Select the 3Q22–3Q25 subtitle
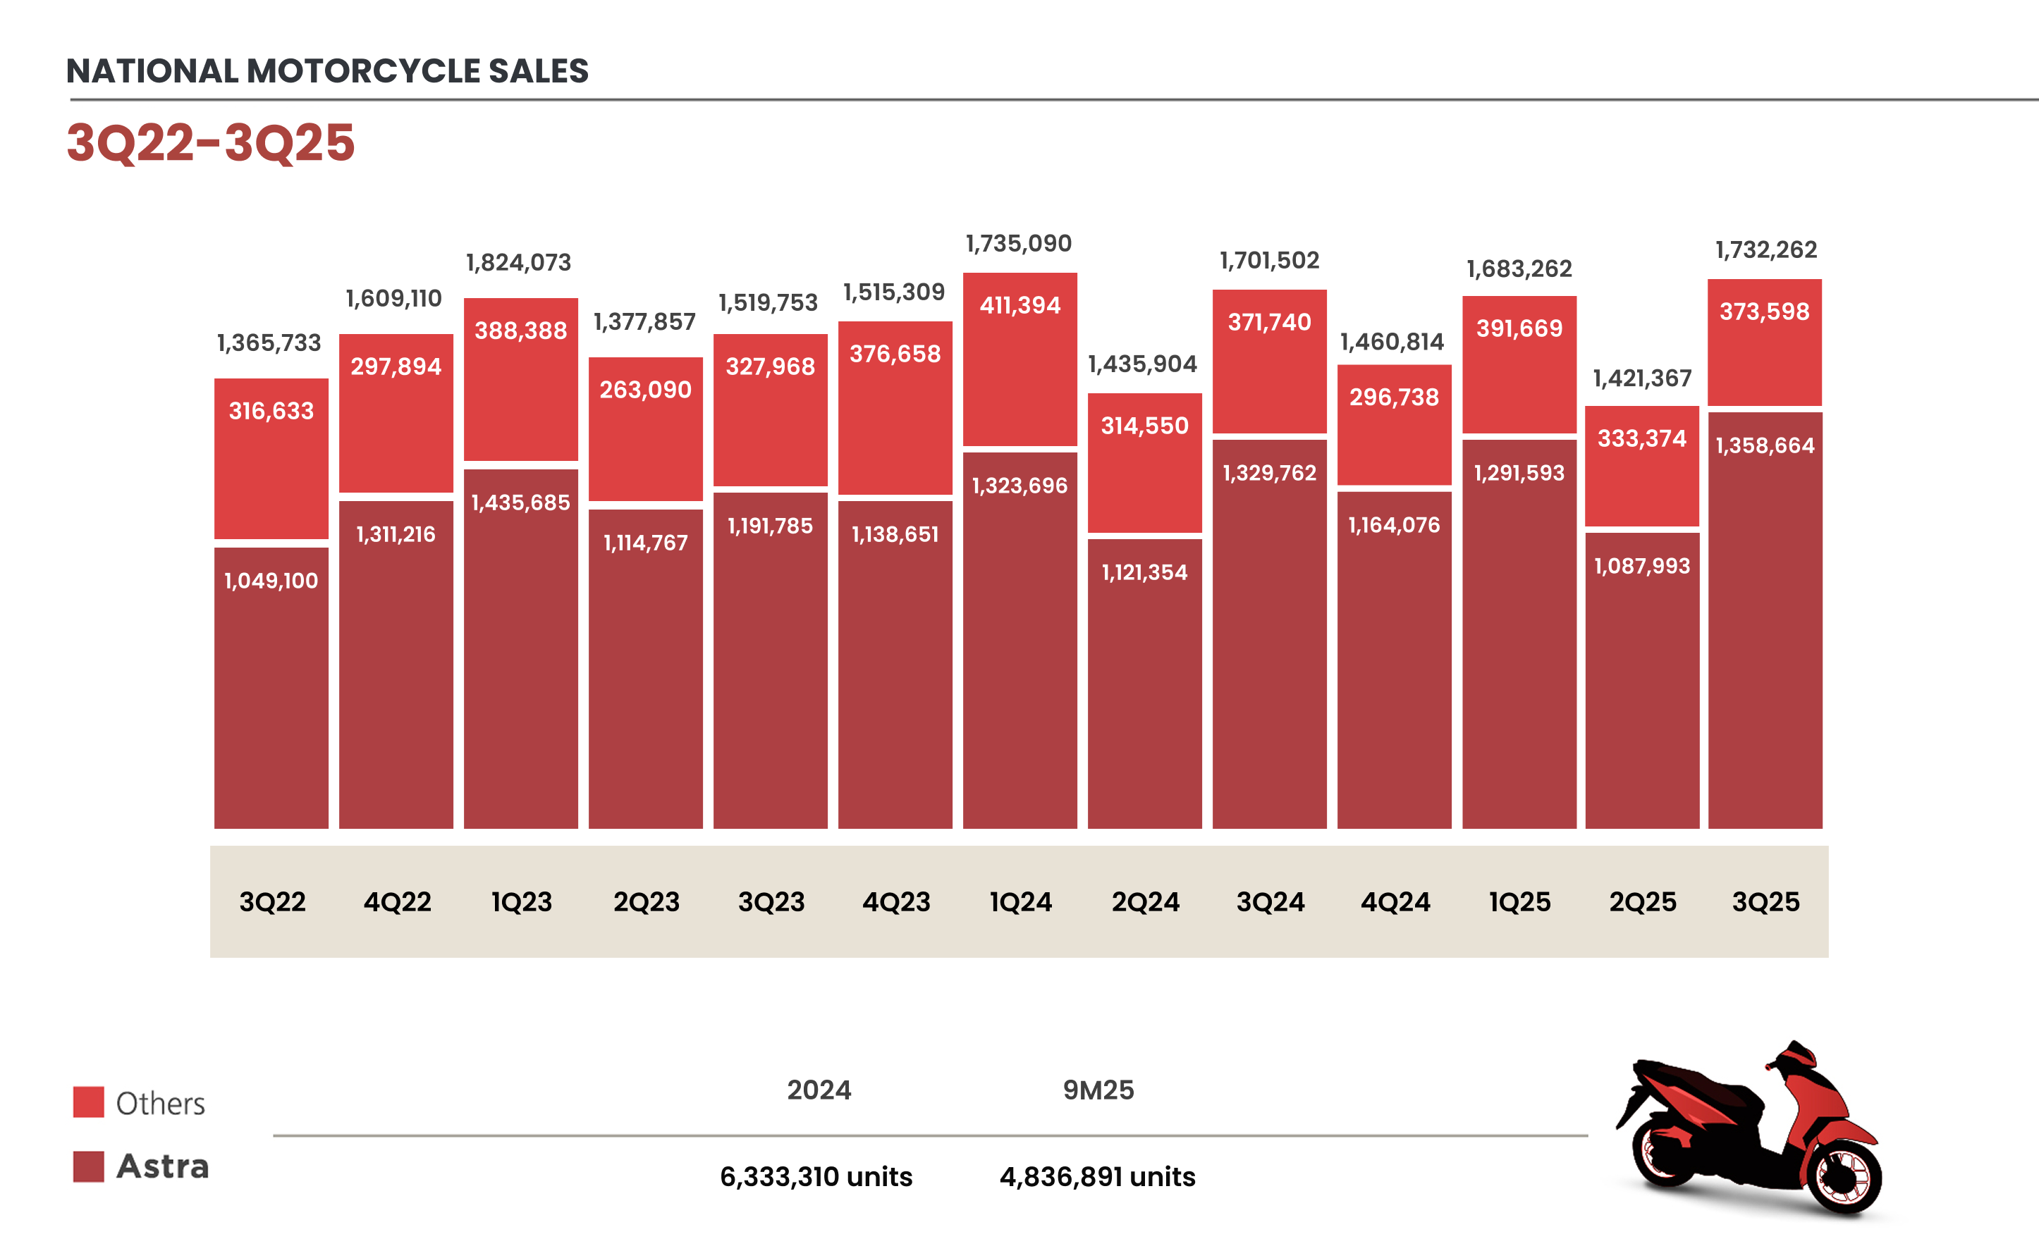tap(211, 142)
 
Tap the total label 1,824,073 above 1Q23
tap(518, 263)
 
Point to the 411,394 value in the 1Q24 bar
tap(1020, 305)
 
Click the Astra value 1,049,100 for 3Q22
tap(271, 581)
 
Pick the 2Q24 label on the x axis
tap(1145, 902)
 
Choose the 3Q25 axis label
tap(1765, 902)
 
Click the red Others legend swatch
tap(88, 1102)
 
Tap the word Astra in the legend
tap(162, 1166)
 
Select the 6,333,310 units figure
tap(816, 1176)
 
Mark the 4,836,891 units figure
tap(1097, 1176)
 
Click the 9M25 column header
tap(1098, 1090)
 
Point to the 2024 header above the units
tap(819, 1090)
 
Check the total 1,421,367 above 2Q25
tap(1642, 378)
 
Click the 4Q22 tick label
tap(397, 902)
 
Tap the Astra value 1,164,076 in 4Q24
tap(1394, 525)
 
